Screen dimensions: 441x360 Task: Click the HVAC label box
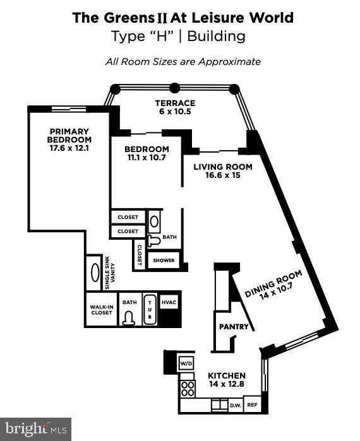click(x=169, y=303)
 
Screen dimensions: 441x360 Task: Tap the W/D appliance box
click(x=186, y=363)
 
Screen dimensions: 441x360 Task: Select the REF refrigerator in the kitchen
click(x=252, y=405)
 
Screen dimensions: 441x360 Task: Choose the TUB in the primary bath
click(x=149, y=309)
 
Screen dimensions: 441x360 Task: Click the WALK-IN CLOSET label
click(x=101, y=309)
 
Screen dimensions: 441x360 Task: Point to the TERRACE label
click(x=175, y=103)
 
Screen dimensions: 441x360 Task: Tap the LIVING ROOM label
click(x=214, y=167)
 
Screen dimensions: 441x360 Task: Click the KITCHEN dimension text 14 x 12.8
click(x=226, y=384)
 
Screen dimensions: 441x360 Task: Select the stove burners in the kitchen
click(x=187, y=387)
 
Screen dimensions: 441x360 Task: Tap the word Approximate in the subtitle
click(x=229, y=62)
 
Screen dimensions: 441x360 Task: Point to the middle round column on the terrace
click(x=174, y=88)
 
